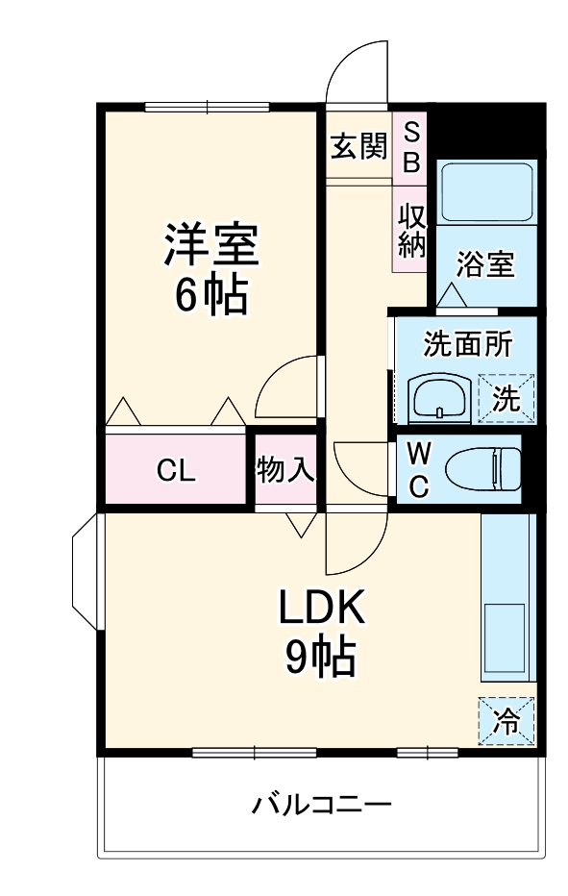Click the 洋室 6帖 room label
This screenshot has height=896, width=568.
(210, 269)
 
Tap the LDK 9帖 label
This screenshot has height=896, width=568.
(320, 632)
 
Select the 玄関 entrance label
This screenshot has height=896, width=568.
(358, 147)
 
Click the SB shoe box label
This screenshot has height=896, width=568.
(411, 147)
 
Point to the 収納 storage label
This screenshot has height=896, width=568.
(411, 230)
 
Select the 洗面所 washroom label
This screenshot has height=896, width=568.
(467, 344)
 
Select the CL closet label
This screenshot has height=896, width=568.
(176, 471)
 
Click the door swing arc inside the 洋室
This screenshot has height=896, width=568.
(288, 389)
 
